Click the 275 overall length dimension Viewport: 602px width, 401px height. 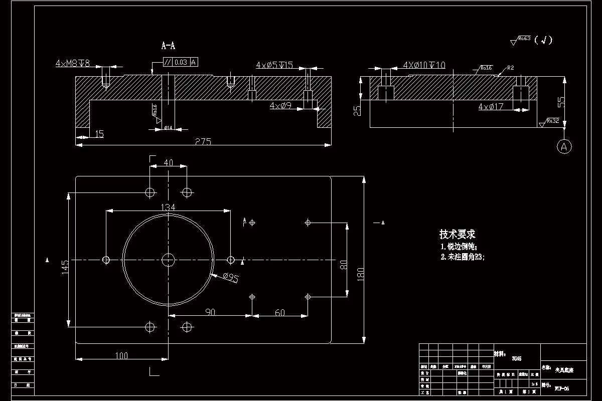point(203,142)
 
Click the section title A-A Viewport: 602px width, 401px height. point(168,46)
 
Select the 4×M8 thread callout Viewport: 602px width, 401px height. point(73,64)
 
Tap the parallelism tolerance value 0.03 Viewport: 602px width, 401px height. point(181,62)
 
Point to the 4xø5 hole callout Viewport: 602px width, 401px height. point(274,65)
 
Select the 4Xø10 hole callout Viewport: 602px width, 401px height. point(424,65)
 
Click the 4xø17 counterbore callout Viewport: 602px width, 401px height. point(491,107)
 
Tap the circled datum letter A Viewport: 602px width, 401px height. point(564,146)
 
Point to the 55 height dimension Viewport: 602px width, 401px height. point(561,101)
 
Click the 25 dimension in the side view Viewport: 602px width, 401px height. point(357,110)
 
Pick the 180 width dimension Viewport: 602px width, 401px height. point(360,274)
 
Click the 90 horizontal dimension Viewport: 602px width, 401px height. point(210,312)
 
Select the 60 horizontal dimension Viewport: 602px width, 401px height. point(280,312)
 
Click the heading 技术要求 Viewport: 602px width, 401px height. point(457,234)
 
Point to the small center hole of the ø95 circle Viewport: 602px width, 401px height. point(168,259)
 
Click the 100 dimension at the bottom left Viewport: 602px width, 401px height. point(121,356)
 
